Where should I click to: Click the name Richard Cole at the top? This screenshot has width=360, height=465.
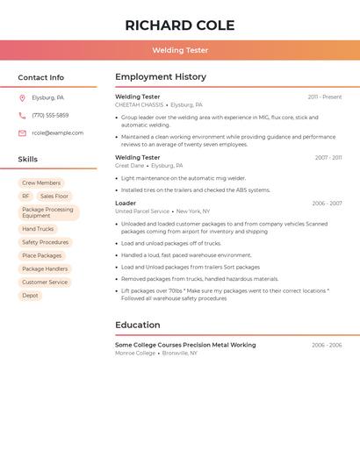(180, 25)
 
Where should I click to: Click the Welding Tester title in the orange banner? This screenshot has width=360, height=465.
(180, 50)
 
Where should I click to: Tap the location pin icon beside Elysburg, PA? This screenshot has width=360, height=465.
(22, 97)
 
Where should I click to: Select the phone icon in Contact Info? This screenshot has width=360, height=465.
(22, 115)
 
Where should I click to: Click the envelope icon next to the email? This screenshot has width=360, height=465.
(22, 133)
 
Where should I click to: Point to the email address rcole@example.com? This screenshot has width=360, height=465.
(58, 133)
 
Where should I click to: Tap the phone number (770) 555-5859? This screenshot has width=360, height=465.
(50, 115)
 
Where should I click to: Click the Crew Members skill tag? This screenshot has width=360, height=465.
(41, 183)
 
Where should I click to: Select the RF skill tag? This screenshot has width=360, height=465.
(25, 197)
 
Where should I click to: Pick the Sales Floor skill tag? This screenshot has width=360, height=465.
(54, 197)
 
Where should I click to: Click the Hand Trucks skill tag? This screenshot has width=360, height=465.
(38, 229)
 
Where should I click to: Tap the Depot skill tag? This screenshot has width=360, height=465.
(30, 296)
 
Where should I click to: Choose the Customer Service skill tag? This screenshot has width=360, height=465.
(45, 283)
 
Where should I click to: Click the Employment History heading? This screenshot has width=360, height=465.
(161, 77)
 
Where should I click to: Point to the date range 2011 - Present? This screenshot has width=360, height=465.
(325, 97)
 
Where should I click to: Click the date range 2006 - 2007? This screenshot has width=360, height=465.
(327, 204)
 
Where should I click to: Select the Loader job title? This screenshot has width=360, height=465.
(126, 204)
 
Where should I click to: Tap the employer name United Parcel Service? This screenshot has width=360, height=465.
(142, 211)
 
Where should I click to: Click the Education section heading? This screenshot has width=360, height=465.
(138, 325)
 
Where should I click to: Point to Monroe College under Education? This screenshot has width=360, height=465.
(135, 353)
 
